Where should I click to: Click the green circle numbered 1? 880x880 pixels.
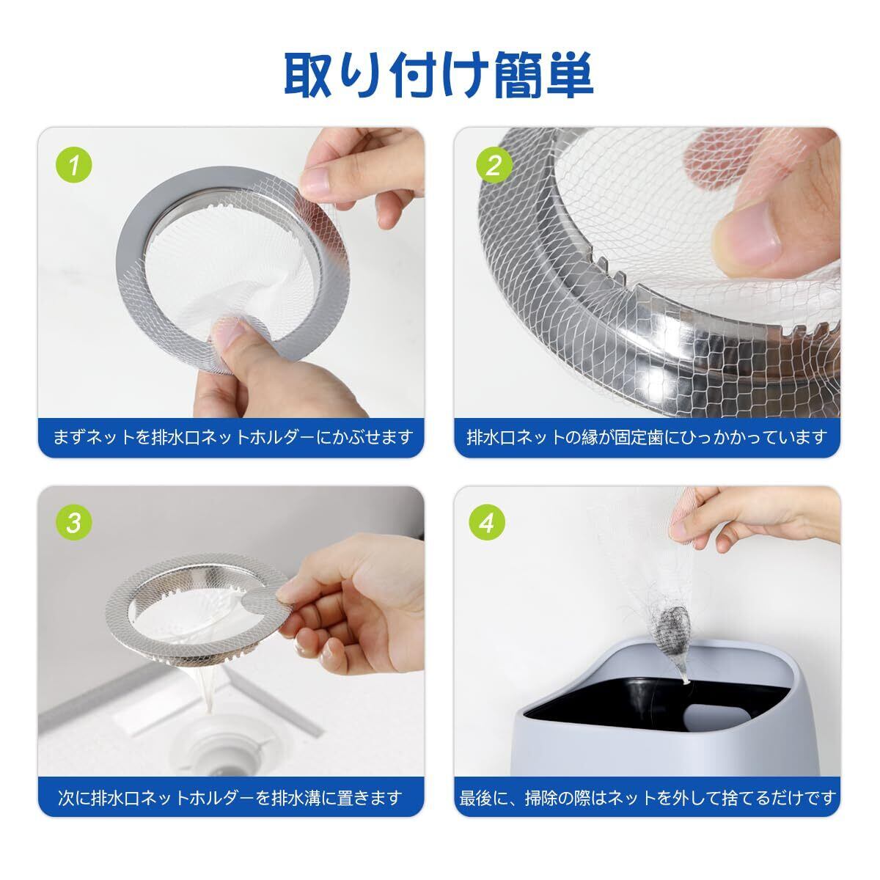point(73,165)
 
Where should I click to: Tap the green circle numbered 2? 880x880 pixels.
point(494,165)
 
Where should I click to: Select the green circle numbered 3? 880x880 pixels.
point(73,523)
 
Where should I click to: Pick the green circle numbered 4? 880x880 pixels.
point(487,523)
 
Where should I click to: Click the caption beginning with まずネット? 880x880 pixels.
point(233,437)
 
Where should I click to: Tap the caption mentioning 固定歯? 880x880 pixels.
point(647,437)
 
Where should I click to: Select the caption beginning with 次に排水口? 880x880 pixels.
point(230,797)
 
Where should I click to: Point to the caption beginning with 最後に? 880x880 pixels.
point(648,797)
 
